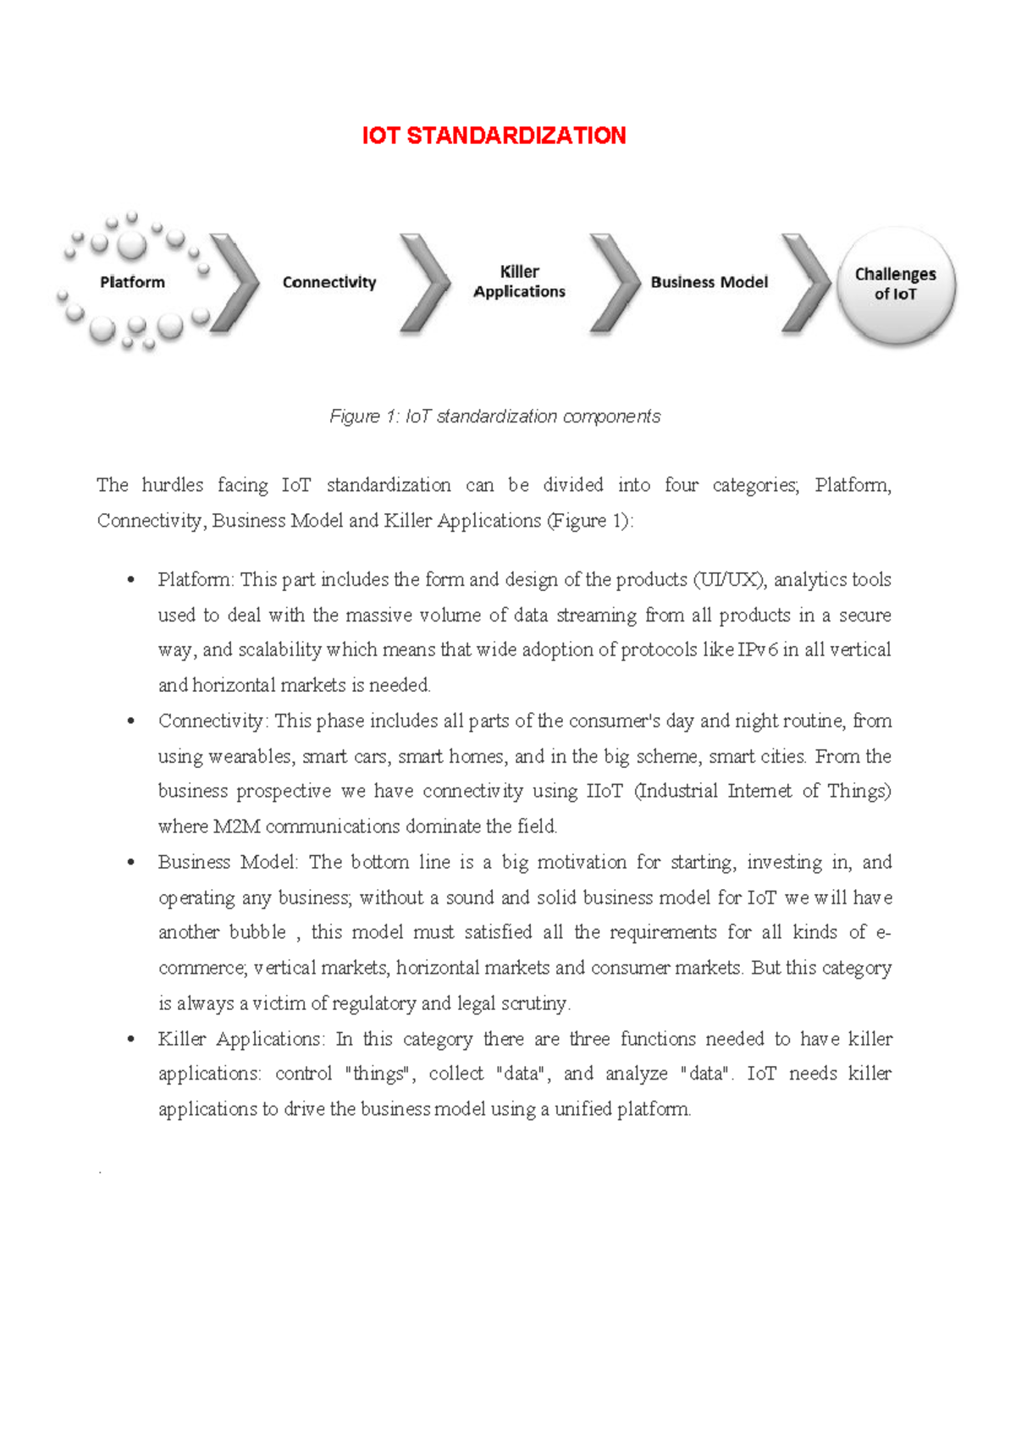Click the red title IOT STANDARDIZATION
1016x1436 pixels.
(x=494, y=135)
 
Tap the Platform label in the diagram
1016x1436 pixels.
(x=132, y=282)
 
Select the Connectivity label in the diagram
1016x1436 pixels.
(x=329, y=282)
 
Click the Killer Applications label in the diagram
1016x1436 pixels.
(x=519, y=281)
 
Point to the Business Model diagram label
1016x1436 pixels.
(x=709, y=282)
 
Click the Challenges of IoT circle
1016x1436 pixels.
(x=896, y=284)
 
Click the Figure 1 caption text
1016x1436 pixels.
(x=494, y=417)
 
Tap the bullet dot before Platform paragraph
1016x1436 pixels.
(x=130, y=580)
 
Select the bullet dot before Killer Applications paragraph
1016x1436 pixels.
(x=130, y=1039)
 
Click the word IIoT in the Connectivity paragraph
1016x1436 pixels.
(x=605, y=791)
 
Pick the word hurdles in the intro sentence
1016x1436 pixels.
(x=173, y=485)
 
